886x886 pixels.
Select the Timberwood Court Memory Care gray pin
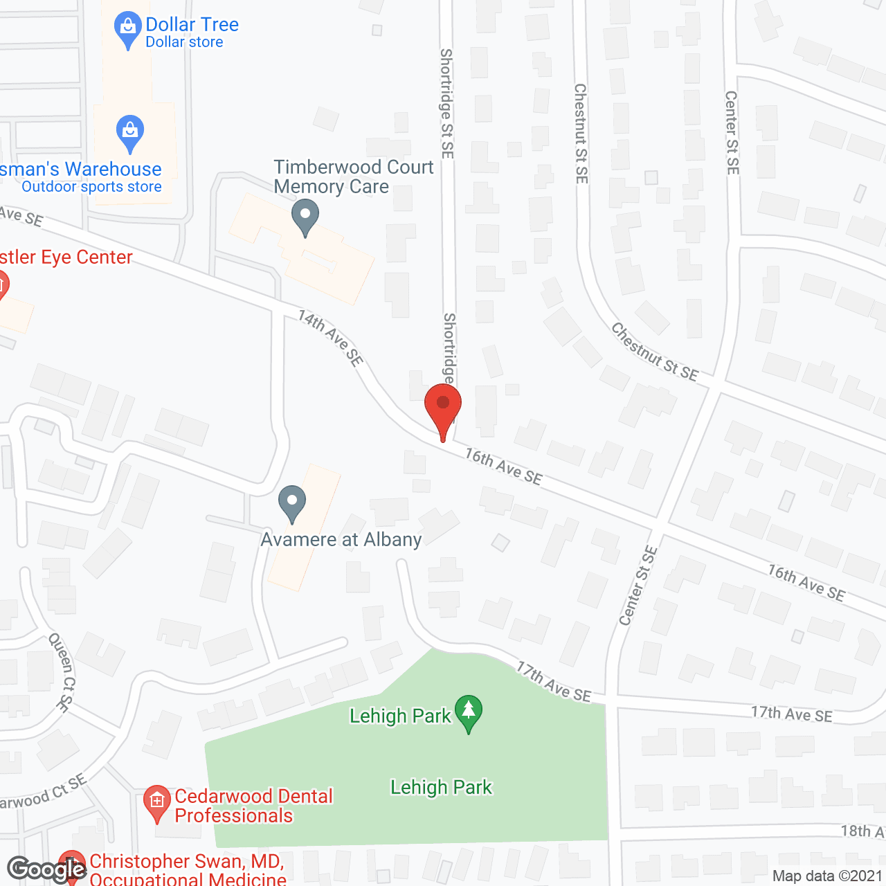click(x=305, y=216)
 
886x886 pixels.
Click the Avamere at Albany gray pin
click(x=291, y=503)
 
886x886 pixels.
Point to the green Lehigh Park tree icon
click(x=469, y=712)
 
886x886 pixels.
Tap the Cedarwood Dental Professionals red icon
click(x=156, y=803)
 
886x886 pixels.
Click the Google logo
click(x=47, y=869)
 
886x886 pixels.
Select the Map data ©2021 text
click(x=826, y=876)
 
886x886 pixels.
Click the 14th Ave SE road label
click(x=331, y=338)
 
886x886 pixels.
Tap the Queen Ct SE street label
click(x=60, y=672)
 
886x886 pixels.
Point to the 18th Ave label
click(x=862, y=831)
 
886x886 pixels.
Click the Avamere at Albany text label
click(x=341, y=539)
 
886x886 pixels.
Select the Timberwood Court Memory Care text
click(x=353, y=177)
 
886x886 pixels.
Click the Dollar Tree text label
click(x=192, y=24)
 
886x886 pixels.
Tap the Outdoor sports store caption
click(x=91, y=187)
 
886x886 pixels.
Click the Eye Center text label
click(x=66, y=257)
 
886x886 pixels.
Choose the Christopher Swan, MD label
click(x=187, y=862)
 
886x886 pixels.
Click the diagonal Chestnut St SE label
click(x=654, y=352)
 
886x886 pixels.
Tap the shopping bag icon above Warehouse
click(x=129, y=132)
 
